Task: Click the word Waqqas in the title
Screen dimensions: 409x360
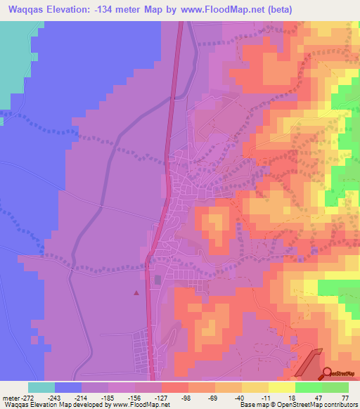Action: (x=27, y=9)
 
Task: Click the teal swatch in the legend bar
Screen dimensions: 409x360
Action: (x=41, y=387)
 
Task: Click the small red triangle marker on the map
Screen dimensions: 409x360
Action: (x=136, y=292)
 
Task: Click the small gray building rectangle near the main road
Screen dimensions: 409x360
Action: (x=157, y=280)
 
